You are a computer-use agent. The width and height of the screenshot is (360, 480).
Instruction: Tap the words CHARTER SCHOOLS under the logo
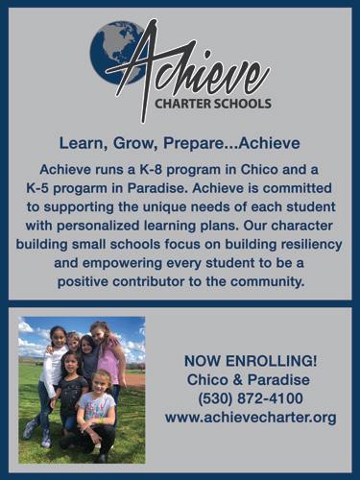point(213,104)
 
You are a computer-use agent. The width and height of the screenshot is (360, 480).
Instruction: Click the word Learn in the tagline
point(83,144)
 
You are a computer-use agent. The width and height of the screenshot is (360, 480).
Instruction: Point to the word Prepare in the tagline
point(191,144)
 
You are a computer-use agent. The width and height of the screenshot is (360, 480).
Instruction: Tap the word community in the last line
point(267,282)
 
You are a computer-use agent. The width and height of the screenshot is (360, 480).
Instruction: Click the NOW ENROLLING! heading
point(251,361)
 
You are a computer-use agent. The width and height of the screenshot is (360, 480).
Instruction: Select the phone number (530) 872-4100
point(251,399)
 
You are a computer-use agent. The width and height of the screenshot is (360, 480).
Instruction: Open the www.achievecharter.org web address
point(251,418)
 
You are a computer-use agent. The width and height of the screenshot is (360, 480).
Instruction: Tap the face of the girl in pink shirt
point(99,333)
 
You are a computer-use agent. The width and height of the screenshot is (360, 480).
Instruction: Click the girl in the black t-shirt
point(70,394)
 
